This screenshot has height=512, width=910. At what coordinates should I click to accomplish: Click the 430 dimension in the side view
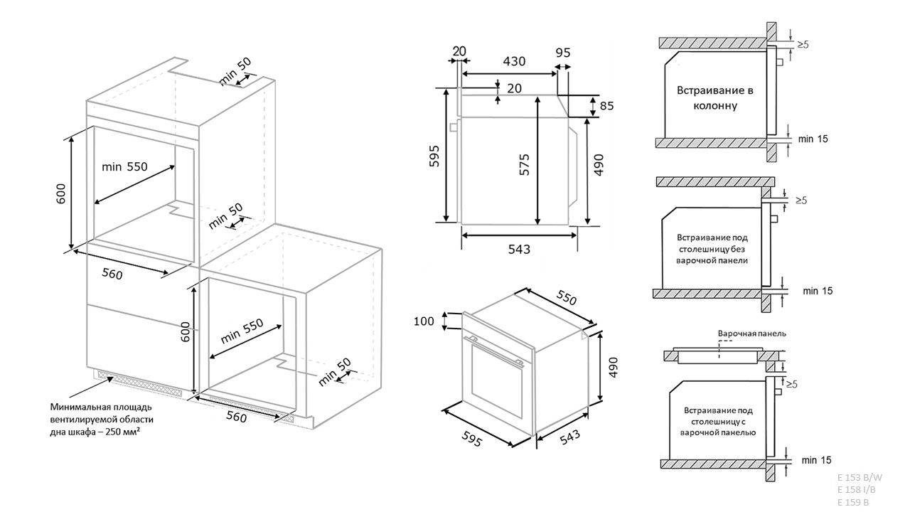513,62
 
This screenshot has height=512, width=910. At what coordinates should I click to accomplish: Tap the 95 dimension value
563,52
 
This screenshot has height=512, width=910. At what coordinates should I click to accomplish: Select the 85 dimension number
606,107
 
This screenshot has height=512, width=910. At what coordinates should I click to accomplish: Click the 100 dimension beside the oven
424,321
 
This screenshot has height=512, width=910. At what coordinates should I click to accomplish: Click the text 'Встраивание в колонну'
714,98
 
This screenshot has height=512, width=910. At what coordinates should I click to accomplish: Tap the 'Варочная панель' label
751,334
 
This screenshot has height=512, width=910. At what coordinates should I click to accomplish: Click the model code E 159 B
853,502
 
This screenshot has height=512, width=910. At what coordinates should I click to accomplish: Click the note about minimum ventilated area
100,420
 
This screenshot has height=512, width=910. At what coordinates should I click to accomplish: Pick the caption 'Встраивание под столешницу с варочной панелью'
717,421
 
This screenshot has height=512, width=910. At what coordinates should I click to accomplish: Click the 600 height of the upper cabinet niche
60,193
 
